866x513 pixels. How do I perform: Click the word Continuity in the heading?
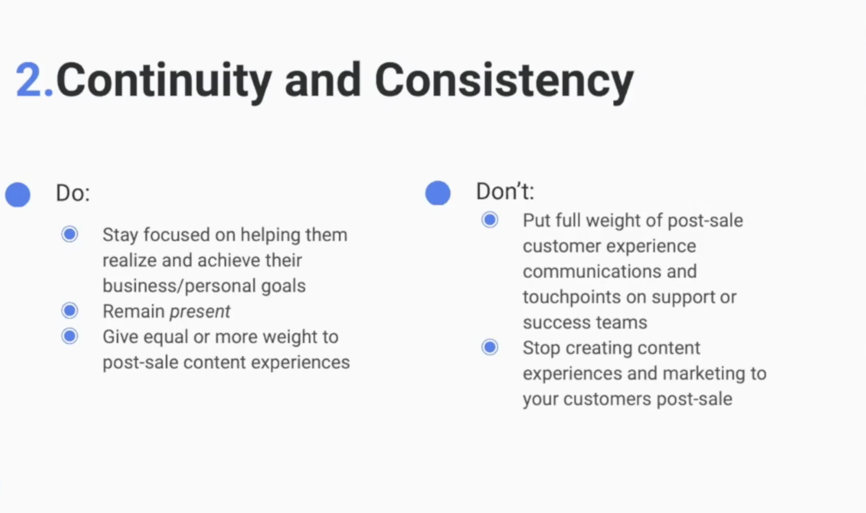click(164, 82)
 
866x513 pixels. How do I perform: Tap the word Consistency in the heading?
click(504, 82)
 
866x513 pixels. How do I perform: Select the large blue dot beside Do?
click(18, 194)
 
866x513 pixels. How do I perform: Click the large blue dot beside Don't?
click(438, 193)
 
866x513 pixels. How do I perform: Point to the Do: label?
click(73, 193)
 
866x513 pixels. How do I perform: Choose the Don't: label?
click(505, 191)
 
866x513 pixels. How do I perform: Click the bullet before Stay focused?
click(70, 234)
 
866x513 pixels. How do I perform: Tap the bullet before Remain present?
click(70, 310)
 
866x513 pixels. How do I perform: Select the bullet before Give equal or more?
click(70, 336)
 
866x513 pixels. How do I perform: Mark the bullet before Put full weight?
click(490, 219)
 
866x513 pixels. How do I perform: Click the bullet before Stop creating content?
click(490, 347)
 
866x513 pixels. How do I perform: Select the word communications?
click(591, 271)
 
